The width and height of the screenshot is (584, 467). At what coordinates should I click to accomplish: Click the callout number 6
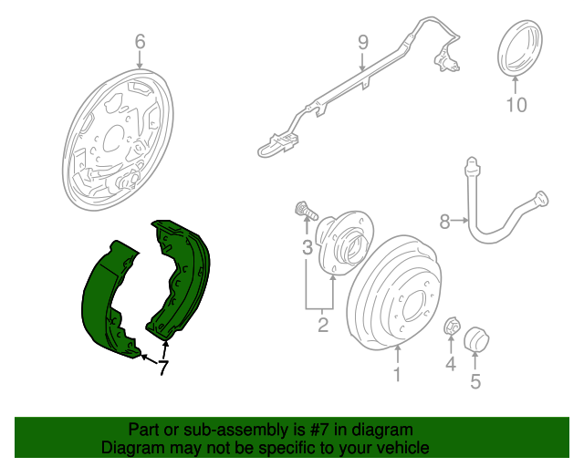[x=140, y=41]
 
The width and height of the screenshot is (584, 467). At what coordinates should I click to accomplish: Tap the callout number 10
[x=516, y=105]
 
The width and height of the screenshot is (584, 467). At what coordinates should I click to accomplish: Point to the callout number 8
[x=445, y=221]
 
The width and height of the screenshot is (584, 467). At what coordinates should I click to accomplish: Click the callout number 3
[x=308, y=247]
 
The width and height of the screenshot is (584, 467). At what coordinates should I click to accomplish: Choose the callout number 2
[x=322, y=324]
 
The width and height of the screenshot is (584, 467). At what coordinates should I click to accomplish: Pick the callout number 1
[x=397, y=374]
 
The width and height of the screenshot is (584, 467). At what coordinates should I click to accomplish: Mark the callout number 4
[x=450, y=366]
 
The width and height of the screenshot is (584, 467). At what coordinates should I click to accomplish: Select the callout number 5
[x=474, y=381]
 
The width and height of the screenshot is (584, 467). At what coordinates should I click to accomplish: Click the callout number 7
[x=162, y=368]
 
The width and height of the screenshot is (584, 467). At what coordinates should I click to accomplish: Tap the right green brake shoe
[x=187, y=274]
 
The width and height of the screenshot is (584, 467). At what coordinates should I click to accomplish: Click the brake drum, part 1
[x=397, y=292]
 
